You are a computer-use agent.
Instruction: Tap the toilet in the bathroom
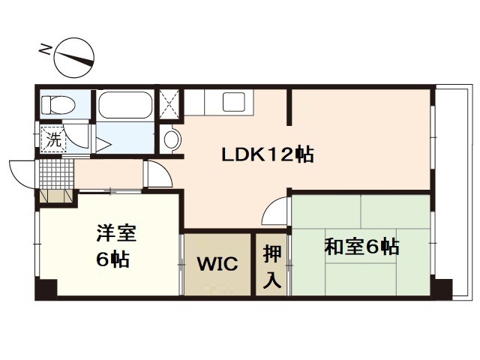57,103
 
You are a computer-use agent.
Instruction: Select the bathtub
124,105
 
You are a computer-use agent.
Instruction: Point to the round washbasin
171,139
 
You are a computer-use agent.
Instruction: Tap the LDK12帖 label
266,155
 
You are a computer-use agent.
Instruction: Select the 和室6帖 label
361,246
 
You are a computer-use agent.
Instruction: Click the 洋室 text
115,233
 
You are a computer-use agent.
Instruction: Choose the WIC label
217,264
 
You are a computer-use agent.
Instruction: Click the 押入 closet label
272,266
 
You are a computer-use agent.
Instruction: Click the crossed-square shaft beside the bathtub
169,103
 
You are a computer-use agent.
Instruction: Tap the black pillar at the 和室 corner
442,288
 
